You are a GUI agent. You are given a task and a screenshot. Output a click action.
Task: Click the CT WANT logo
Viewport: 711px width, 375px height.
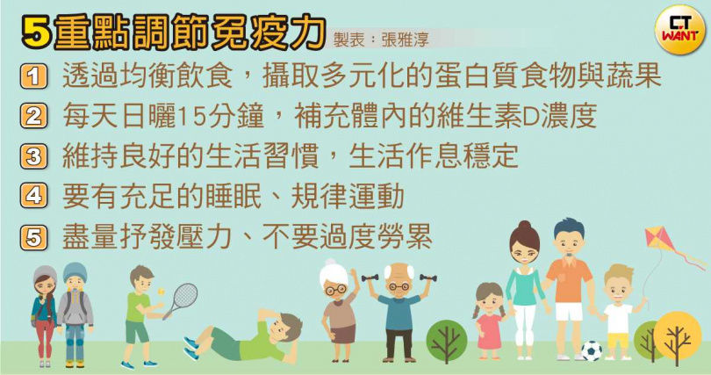(x=679, y=30)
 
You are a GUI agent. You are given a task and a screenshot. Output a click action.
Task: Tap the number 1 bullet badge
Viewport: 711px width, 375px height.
(x=33, y=76)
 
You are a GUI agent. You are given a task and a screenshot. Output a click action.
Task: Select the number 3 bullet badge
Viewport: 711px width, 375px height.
(x=33, y=157)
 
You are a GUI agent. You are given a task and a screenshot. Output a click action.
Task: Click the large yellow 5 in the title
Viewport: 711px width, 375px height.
(x=36, y=33)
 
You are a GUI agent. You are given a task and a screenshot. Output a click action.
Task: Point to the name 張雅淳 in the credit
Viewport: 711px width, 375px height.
(x=405, y=40)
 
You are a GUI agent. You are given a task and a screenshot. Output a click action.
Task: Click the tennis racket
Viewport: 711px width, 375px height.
(x=181, y=300)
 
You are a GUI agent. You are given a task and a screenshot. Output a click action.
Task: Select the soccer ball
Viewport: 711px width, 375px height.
(x=592, y=350)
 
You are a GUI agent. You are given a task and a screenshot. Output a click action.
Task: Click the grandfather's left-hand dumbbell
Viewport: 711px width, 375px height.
(x=370, y=278)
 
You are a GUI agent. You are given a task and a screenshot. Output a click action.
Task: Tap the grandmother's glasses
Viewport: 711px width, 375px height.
(x=336, y=289)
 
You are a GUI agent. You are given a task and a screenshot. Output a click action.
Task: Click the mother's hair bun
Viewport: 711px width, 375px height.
(x=525, y=226)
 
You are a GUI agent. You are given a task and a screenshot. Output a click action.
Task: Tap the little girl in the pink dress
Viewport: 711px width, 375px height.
(x=490, y=321)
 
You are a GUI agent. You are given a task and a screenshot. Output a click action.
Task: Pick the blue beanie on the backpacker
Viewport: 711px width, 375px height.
(x=75, y=272)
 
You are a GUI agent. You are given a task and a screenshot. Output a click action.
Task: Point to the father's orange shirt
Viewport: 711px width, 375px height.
(x=569, y=279)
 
